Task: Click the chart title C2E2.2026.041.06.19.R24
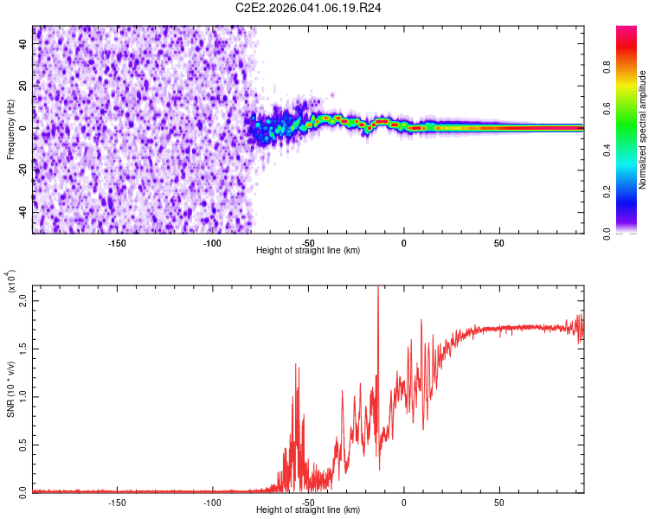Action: point(310,10)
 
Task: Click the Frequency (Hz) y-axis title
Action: point(10,130)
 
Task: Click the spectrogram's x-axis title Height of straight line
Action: point(308,250)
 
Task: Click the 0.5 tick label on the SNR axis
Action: point(24,444)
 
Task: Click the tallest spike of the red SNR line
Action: point(378,289)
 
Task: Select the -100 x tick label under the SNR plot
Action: point(213,501)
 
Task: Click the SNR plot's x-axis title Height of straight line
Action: point(308,510)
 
